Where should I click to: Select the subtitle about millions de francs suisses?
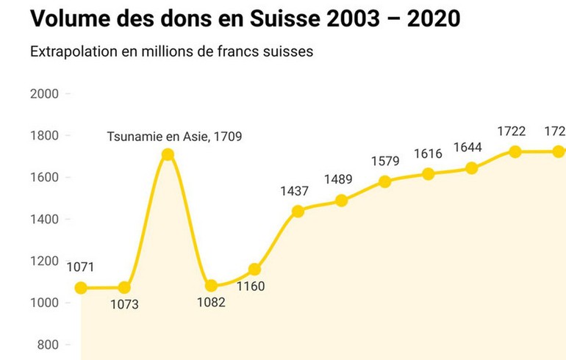point(172,53)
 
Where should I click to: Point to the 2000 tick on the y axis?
point(45,94)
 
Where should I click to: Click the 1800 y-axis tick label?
point(45,136)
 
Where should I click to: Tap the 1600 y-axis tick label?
point(45,178)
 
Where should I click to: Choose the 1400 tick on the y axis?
point(45,220)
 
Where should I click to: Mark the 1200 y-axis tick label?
point(45,262)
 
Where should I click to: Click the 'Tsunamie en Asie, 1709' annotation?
point(174,137)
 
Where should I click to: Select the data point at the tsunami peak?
point(168,154)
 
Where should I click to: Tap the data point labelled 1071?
point(81,288)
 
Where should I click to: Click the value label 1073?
point(124,303)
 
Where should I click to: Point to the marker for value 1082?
point(211,286)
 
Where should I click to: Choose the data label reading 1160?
point(251,287)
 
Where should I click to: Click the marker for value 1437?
point(298,212)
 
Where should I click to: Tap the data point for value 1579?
point(384,181)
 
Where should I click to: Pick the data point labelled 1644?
point(472,168)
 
